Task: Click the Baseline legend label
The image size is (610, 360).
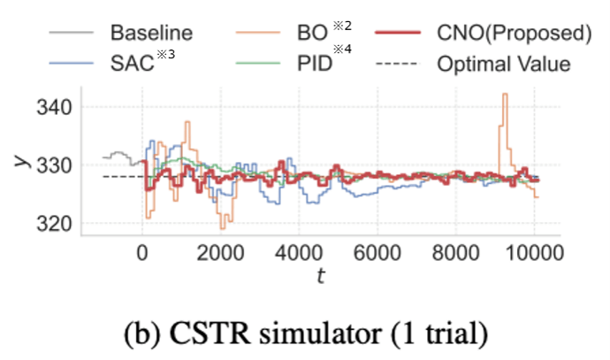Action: point(151,33)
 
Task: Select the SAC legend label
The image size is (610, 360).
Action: point(133,63)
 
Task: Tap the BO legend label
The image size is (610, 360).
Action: point(312,33)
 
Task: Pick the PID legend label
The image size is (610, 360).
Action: point(315,63)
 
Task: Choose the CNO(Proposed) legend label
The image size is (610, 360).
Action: point(515,33)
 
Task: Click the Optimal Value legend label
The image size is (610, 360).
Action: point(504,64)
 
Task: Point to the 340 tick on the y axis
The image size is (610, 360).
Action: point(54,107)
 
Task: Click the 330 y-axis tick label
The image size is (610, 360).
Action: point(54,165)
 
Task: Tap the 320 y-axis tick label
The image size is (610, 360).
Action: point(54,224)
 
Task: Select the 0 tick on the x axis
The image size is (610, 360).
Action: point(142,253)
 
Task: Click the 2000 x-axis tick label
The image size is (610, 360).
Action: point(221,253)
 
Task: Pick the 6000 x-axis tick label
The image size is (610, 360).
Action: point(377,253)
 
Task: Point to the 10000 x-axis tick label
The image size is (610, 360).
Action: point(534,253)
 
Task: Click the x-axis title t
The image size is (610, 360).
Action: point(321,276)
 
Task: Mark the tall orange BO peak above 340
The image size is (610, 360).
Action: point(505,94)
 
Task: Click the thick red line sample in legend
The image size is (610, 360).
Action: point(398,33)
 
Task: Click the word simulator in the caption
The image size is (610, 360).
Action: point(320,333)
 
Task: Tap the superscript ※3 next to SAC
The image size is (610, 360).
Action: point(165,54)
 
